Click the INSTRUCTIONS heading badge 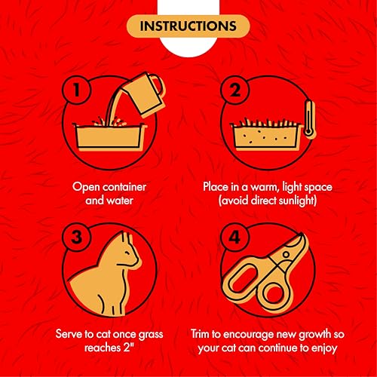click(188, 26)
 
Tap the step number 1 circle click(76, 90)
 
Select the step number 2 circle click(234, 90)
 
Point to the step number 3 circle click(76, 237)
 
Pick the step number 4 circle click(234, 237)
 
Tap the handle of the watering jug click(157, 85)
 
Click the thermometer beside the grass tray click(310, 119)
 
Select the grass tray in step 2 click(267, 134)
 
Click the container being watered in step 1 click(109, 136)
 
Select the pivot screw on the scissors click(286, 254)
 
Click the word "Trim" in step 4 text click(200, 334)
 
